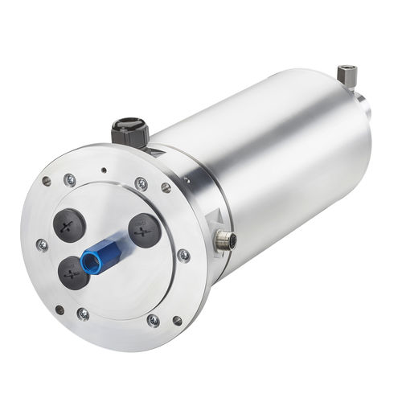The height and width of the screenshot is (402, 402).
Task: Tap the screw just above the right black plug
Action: (142, 183)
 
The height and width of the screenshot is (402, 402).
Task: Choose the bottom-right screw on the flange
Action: (153, 320)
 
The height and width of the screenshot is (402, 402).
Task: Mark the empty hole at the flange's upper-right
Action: (166, 188)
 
